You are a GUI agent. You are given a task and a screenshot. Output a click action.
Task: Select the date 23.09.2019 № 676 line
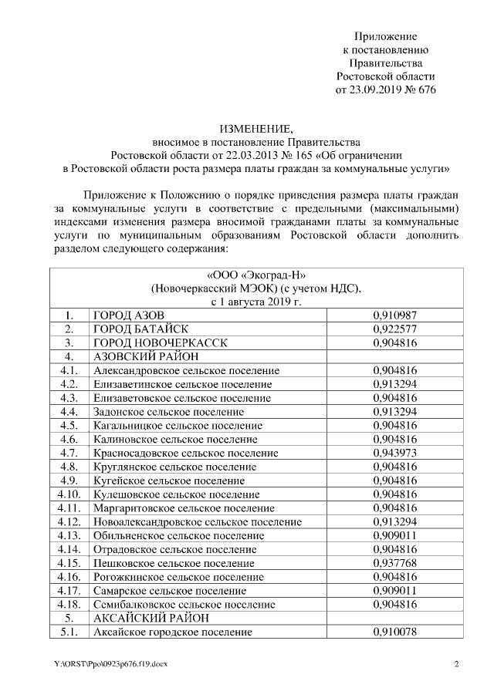tap(385, 90)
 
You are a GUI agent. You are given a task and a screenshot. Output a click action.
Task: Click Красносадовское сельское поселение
tap(185, 453)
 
